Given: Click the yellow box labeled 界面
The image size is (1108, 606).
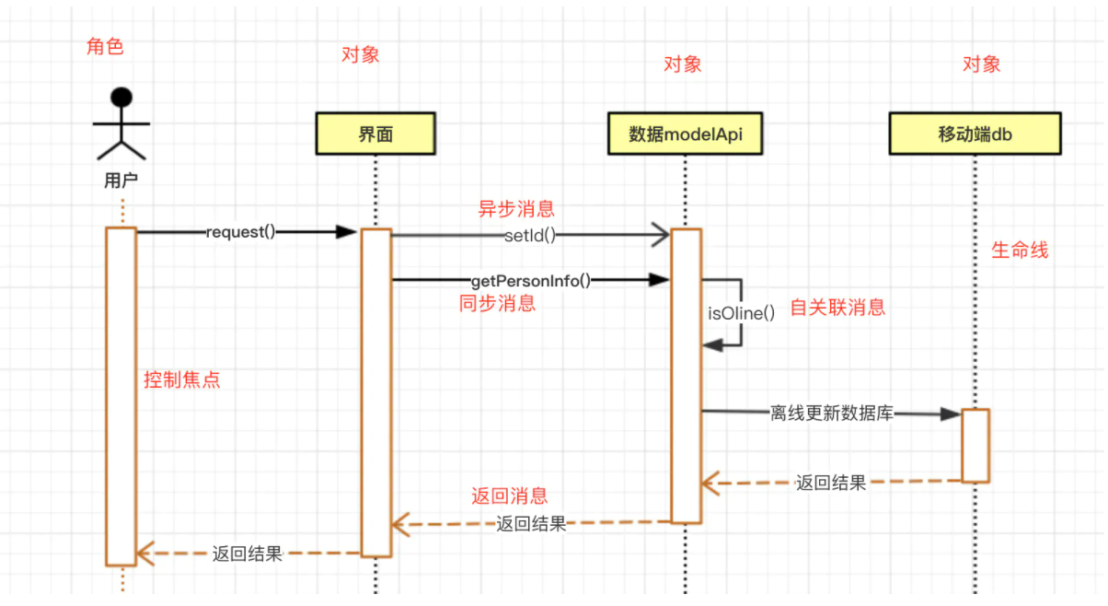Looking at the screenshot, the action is tap(375, 134).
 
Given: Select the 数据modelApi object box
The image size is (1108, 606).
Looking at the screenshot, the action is tap(685, 134).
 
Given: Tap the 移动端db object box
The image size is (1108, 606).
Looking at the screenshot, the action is tap(975, 134).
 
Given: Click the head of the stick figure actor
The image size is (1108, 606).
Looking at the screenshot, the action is tap(121, 97).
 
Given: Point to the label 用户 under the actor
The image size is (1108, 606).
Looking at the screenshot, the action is tap(121, 181).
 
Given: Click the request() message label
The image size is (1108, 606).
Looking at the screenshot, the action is tap(240, 232).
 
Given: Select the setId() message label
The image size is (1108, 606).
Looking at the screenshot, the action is tap(530, 236).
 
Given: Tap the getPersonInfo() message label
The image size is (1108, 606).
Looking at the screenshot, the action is tap(531, 281).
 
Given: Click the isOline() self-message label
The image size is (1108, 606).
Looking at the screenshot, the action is tap(741, 313).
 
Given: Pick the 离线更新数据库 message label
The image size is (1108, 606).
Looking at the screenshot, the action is tap(832, 413).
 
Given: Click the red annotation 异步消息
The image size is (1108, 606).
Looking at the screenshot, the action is tap(516, 209).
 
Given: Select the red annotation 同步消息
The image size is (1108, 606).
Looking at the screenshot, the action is tap(497, 303).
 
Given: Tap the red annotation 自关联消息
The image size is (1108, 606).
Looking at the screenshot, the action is tap(837, 308).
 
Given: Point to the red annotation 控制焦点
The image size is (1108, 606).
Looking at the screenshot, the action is tap(182, 379).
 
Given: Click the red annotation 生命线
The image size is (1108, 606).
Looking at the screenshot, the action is tap(1020, 250).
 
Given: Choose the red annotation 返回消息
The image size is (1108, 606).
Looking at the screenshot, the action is tap(510, 495).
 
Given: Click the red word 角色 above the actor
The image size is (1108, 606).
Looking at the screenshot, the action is tap(105, 47).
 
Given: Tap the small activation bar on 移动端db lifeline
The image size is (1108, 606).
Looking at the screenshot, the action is tap(975, 446).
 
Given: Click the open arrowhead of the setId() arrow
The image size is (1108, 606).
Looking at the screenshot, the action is tap(661, 235).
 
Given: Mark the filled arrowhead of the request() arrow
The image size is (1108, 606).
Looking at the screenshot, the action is tap(346, 232).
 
